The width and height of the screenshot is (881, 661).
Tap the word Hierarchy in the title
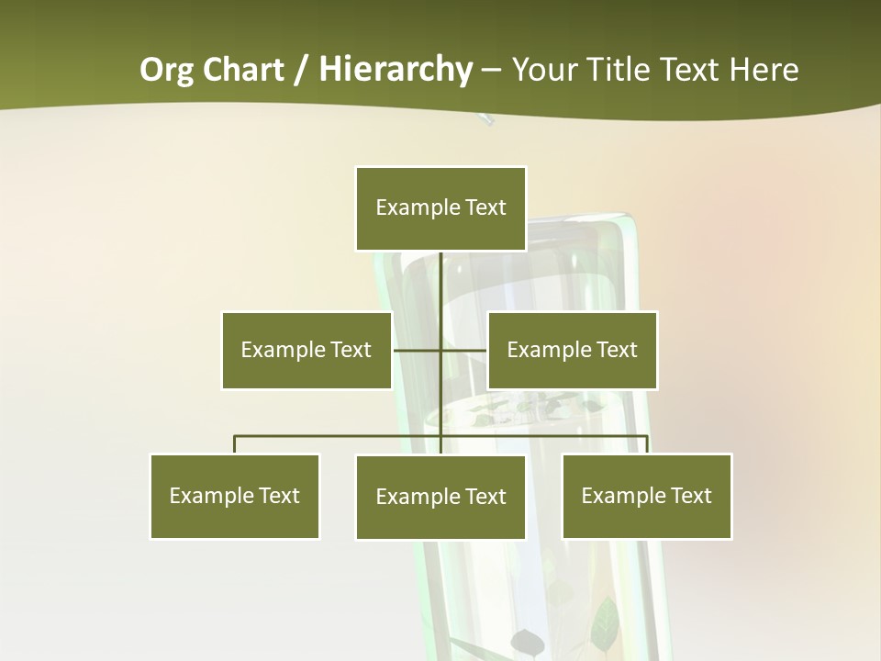396,70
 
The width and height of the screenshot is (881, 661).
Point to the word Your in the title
545,70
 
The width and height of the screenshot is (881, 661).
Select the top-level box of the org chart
440,208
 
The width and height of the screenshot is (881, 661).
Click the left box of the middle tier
307,350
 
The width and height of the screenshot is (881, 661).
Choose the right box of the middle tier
573,350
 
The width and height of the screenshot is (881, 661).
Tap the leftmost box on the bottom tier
235,497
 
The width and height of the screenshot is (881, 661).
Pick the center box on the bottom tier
440,498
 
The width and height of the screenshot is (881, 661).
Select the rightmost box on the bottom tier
647,497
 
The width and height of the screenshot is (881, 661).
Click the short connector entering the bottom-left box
235,444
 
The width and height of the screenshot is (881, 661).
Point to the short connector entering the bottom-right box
647,444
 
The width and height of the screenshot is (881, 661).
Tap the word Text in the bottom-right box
689,497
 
